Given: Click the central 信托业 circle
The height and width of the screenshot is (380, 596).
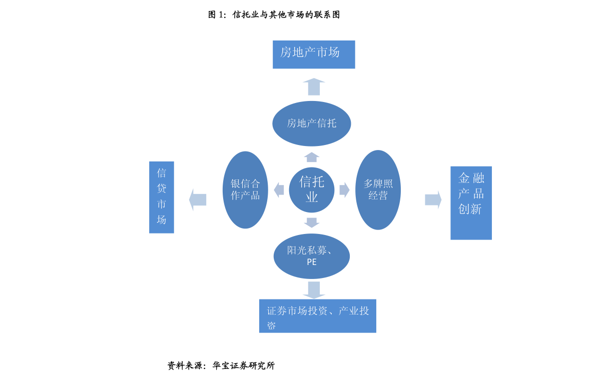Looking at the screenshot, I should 311,189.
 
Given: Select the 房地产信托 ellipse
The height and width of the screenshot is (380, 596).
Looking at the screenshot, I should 311,123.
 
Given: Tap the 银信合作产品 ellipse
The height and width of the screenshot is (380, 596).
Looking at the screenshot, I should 245,189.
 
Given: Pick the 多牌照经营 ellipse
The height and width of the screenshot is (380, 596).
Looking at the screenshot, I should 378,189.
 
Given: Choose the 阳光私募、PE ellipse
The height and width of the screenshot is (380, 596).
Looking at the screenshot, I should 311,256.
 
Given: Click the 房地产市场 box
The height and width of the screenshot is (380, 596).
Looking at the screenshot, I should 314,54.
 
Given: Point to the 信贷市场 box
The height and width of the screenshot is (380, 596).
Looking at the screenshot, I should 162,197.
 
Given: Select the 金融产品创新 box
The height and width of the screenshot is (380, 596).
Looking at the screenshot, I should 471,203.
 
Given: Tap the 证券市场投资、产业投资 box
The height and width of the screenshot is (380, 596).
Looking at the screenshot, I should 317,315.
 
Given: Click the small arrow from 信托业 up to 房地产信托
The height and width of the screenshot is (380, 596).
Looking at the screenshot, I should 311,157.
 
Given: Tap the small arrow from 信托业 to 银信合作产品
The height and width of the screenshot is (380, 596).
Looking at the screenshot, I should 279,190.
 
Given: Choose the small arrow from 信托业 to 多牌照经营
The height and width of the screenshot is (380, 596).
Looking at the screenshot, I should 344,190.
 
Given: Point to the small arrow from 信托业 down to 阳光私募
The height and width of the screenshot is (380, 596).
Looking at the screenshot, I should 311,222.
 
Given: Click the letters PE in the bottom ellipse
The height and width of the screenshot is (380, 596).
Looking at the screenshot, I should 311,262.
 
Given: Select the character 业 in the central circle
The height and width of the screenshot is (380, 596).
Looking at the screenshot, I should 312,197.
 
